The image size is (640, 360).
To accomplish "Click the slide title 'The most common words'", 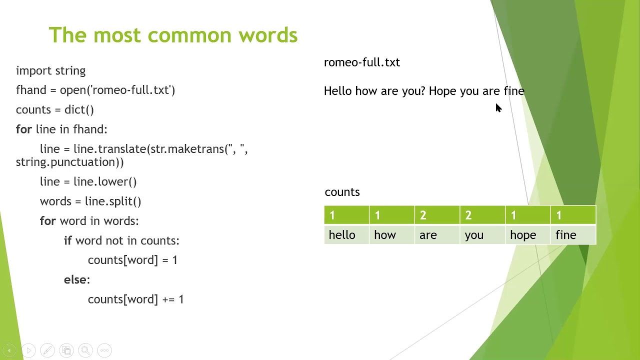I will [173, 35].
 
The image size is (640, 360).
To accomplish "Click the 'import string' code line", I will [50, 70].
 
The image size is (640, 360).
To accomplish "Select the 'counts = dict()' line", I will [55, 109].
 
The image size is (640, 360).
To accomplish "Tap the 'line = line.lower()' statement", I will [88, 181].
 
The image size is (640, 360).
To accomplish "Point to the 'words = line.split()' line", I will [90, 201].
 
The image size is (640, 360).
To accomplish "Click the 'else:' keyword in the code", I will [76, 279].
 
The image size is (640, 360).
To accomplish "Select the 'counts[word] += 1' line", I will [135, 299].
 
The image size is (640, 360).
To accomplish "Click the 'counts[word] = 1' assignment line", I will [132, 260].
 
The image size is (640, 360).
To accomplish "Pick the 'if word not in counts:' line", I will [121, 240].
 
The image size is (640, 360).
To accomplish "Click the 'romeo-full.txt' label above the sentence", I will [362, 62].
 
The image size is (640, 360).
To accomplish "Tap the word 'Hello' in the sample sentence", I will [338, 91].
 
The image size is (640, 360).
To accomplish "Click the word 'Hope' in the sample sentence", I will [442, 91].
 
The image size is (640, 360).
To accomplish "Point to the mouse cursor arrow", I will [498, 108].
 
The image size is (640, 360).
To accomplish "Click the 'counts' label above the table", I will [342, 192].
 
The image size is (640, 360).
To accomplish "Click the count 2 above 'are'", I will [423, 215].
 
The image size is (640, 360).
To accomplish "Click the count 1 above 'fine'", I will [559, 215].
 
